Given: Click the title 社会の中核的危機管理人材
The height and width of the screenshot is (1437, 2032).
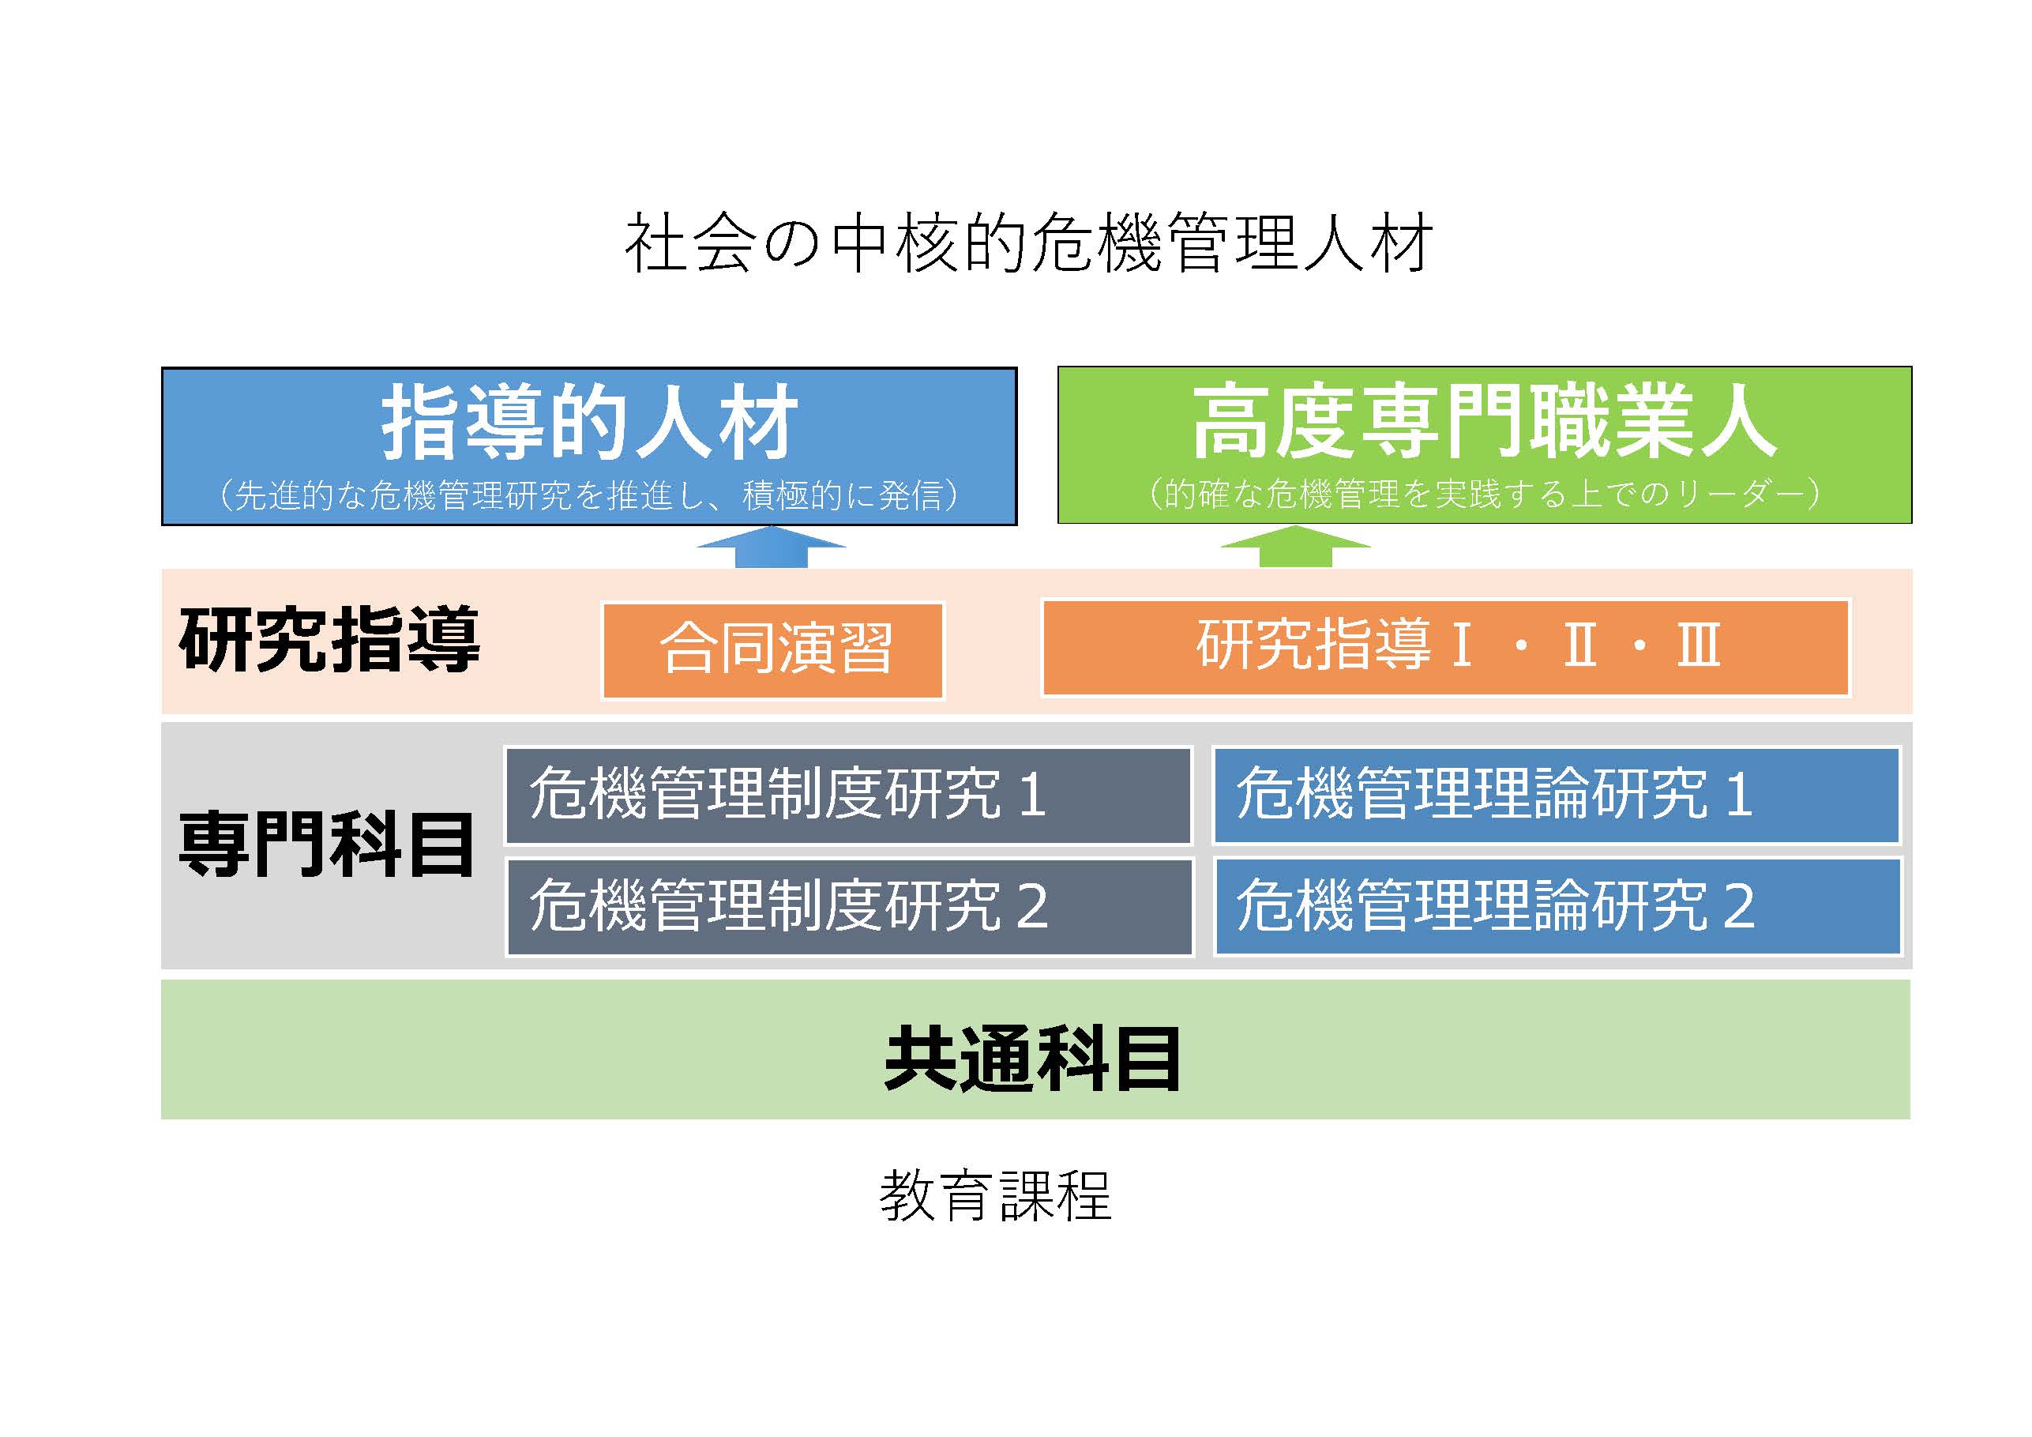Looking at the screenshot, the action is [x=1028, y=243].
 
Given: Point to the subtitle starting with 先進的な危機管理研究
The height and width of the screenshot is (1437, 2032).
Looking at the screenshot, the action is [x=589, y=495].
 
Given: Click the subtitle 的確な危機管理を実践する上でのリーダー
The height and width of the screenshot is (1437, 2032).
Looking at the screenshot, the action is [x=1484, y=493].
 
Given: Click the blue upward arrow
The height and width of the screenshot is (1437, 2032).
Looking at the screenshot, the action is [x=771, y=547].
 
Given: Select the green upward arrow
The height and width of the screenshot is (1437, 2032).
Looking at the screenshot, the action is [x=1296, y=547].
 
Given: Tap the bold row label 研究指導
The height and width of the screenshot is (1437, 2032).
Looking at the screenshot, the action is [x=329, y=639].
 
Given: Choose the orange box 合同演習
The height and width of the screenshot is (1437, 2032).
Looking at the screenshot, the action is [x=772, y=651].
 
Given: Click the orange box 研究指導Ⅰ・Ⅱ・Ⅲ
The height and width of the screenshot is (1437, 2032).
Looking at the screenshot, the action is [x=1446, y=648].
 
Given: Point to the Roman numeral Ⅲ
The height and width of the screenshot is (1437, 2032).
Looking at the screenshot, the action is [x=1699, y=645].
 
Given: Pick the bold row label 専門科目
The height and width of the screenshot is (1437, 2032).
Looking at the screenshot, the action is [x=327, y=845].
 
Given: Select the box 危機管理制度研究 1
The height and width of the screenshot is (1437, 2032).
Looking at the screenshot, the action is [x=849, y=795].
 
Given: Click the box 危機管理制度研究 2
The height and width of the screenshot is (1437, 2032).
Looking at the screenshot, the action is [x=850, y=907].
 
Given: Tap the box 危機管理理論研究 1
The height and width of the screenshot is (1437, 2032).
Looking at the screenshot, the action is [x=1557, y=795].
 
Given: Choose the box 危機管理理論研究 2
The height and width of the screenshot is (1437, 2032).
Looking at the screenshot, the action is [x=1557, y=907].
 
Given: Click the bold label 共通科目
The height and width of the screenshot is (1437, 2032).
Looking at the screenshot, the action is [x=1032, y=1059].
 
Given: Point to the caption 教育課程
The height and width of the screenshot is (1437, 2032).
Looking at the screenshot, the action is [x=996, y=1196].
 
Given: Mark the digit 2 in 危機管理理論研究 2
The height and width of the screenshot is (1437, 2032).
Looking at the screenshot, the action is [x=1739, y=907].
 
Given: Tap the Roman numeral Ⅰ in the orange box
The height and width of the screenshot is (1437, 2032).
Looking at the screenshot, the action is [x=1462, y=645].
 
